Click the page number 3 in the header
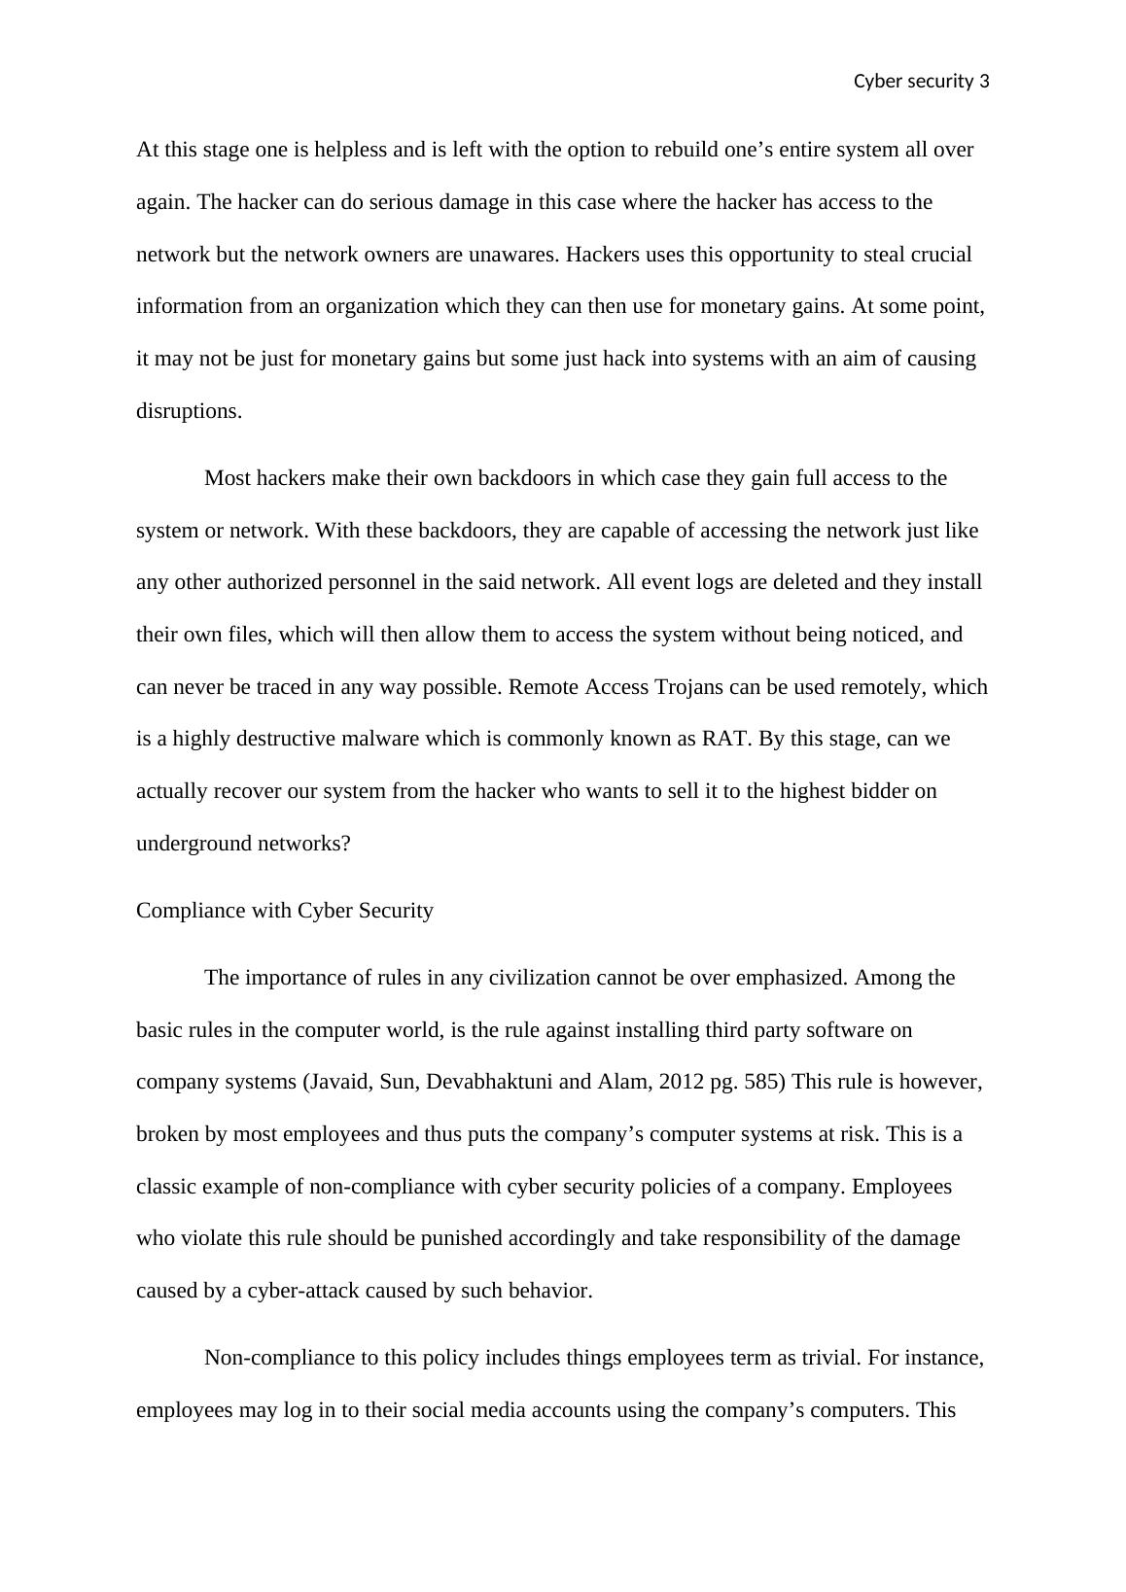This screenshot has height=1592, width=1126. point(984,82)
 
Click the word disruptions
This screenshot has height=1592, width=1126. point(189,411)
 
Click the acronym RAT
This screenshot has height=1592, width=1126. point(725,739)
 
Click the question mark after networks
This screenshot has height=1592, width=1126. point(345,844)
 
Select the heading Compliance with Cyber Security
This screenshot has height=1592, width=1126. point(285,911)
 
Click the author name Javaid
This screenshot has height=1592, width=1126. point(340,1082)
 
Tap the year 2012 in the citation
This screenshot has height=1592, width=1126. point(681,1082)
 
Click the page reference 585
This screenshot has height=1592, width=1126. point(763,1082)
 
